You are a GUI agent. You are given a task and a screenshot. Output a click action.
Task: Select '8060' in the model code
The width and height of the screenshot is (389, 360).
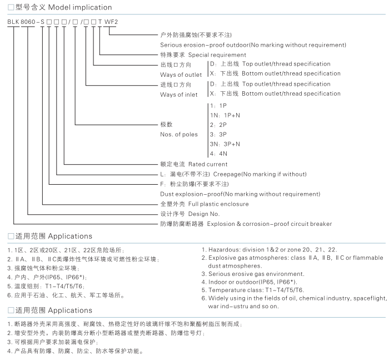29,22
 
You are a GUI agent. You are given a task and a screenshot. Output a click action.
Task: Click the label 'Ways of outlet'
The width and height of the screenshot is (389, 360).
181,75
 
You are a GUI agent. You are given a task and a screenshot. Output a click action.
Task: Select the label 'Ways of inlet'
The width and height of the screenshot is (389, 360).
179,95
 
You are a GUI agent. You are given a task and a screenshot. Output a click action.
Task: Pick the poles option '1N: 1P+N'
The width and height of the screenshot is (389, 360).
225,115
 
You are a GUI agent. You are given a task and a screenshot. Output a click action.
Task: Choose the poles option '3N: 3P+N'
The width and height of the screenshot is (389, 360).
225,144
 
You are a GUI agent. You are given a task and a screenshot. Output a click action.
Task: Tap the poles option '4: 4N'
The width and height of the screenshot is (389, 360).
219,153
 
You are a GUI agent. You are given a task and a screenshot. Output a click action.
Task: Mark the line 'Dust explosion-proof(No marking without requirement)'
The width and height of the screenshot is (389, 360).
240,194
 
